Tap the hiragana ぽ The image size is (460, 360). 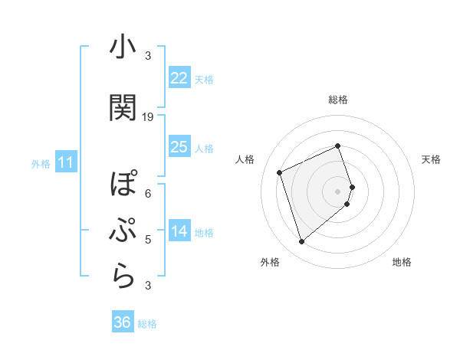(x=123, y=185)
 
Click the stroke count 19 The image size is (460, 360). (x=148, y=117)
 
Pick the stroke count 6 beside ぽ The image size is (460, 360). (x=148, y=193)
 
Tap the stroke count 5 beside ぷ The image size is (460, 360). (x=148, y=240)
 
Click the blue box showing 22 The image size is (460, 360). (x=179, y=78)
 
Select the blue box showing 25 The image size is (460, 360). (x=179, y=147)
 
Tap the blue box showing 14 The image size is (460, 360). (x=179, y=232)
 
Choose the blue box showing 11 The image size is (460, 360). (x=65, y=162)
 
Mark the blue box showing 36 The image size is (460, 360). (x=123, y=322)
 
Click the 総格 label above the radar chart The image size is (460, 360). (x=338, y=100)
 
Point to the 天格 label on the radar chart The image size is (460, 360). (x=431, y=159)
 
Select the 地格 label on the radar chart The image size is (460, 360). (x=402, y=262)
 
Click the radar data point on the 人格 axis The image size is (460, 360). (x=280, y=172)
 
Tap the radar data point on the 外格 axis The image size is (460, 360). (x=301, y=242)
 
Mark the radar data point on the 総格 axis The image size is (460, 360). (x=338, y=146)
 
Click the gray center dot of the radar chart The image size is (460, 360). (x=338, y=191)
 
